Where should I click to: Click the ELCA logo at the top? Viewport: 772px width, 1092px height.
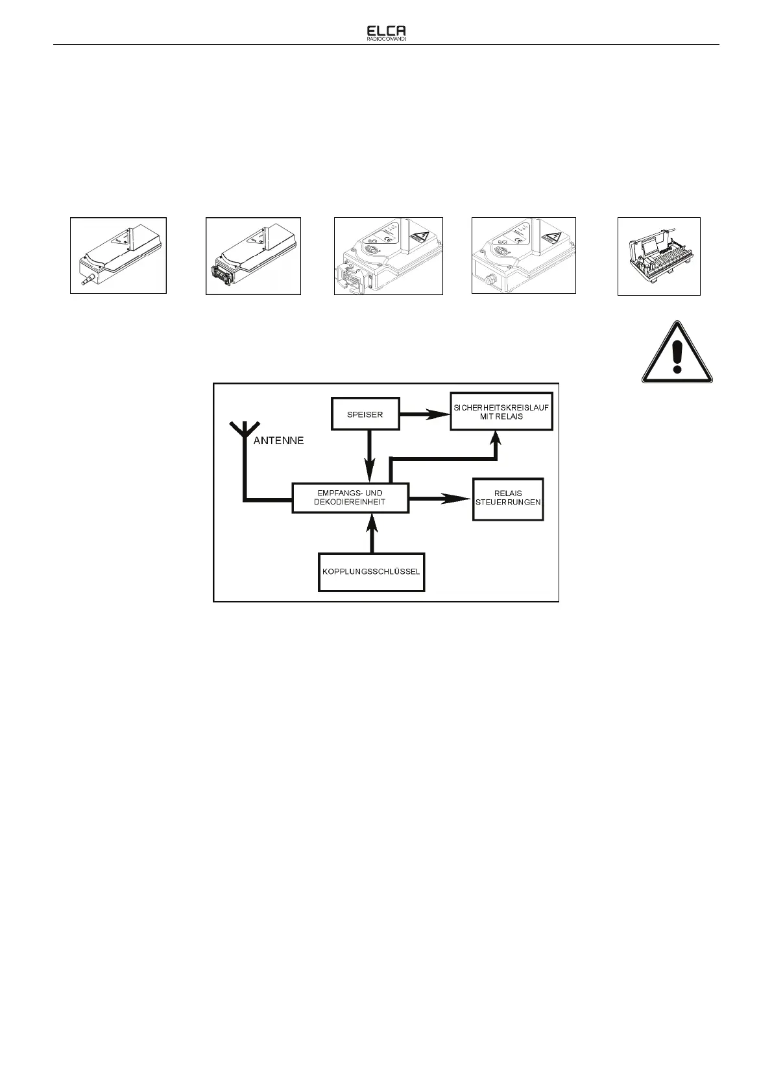pos(386,30)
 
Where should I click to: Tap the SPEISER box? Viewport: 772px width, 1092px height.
pos(365,414)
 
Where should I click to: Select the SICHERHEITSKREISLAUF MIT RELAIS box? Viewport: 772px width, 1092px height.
pos(501,412)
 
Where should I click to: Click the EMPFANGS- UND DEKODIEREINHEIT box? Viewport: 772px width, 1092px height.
pos(350,498)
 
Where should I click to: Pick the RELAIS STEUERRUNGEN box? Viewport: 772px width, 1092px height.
pos(508,498)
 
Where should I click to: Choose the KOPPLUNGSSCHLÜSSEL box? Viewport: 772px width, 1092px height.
pos(371,572)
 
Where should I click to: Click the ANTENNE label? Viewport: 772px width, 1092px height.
pos(278,442)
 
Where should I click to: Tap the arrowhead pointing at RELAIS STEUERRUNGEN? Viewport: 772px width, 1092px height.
pos(459,498)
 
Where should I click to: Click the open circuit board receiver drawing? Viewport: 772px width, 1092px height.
pos(658,256)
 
